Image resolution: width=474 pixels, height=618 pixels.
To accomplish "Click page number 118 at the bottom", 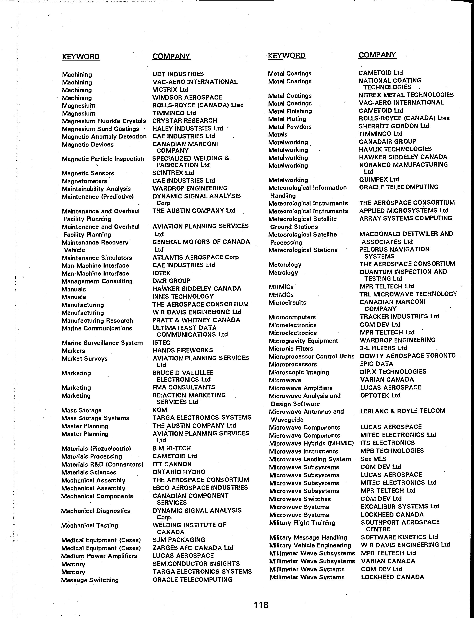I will click(261, 605).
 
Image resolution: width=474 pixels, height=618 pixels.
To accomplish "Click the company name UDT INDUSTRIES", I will click(178, 74).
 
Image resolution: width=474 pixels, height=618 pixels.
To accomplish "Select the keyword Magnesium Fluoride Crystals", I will click(104, 121).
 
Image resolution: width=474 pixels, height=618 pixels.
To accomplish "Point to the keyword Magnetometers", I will click(84, 181).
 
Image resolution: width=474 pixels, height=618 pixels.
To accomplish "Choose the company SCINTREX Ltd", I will click(173, 173).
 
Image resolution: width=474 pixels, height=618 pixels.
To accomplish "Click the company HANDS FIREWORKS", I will click(183, 350).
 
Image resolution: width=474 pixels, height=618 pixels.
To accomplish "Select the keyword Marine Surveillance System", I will click(102, 343).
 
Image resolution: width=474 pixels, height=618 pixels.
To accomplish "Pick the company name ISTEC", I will click(161, 343).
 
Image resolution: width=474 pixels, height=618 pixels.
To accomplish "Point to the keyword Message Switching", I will click(90, 580).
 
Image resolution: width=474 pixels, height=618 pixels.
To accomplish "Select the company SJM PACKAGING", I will click(179, 540).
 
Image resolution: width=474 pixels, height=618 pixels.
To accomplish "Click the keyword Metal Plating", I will click(287, 119).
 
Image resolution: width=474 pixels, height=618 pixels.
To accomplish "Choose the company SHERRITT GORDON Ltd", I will click(394, 126).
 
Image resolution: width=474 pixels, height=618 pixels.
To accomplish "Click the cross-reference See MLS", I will click(373, 459).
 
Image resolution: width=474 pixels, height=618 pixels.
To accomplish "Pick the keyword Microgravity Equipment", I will click(303, 341).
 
